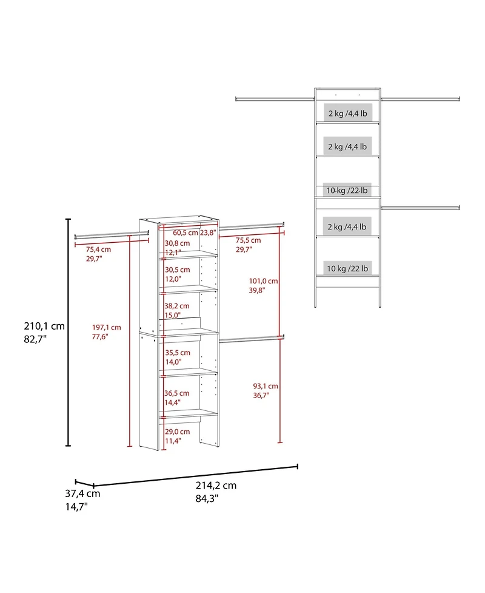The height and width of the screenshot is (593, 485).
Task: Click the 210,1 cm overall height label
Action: coord(42,326)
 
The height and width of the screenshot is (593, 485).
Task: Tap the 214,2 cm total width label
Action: coord(216,485)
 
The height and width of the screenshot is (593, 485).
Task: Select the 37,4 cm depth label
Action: coord(84,493)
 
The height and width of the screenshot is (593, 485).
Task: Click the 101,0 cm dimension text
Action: coord(263,281)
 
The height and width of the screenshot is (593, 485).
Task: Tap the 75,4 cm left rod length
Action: coord(98,249)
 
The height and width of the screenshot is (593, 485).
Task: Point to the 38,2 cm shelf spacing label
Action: coord(177,306)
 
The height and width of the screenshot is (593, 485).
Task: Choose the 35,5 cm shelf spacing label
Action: coord(177,353)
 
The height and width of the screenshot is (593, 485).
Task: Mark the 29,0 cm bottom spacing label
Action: coord(177,432)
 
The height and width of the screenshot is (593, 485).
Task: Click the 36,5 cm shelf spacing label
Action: coord(177,393)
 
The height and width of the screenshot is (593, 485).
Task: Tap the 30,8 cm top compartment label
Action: coord(177,243)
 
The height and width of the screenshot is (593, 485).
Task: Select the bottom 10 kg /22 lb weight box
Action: coord(348,268)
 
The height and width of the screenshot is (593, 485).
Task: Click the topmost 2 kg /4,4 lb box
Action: coord(347,114)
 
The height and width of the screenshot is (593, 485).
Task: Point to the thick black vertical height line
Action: coord(69,333)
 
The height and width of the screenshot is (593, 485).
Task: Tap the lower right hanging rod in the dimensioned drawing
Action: coord(252,338)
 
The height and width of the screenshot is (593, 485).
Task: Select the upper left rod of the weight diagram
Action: coord(275,99)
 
